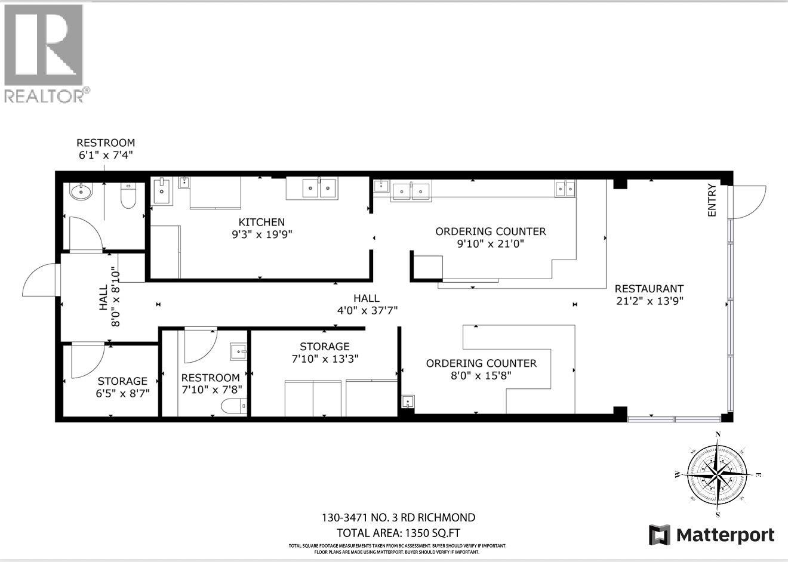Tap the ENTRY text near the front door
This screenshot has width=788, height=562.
point(712,202)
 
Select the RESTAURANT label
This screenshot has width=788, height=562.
point(649,288)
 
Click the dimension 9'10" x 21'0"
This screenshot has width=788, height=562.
point(490,243)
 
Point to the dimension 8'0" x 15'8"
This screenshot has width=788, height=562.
point(481,376)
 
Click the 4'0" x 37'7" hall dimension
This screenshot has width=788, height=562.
point(366,310)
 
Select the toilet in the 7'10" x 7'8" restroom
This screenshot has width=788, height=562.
point(234,407)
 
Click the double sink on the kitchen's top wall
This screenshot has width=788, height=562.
point(319,189)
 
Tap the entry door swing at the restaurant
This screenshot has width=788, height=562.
point(747,202)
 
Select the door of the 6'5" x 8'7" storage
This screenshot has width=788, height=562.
point(87,361)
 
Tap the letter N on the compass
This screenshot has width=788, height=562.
point(718,434)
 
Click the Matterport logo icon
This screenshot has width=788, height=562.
point(660,535)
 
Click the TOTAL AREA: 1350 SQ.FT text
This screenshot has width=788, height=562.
point(398,533)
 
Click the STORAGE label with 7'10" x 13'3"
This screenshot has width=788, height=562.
point(324,346)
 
